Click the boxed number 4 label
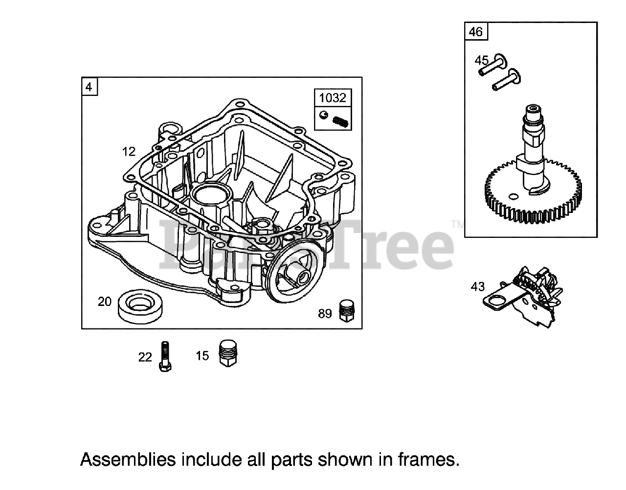(x=89, y=87)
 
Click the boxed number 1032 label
(x=332, y=97)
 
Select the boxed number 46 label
(x=475, y=32)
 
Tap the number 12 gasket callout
(x=129, y=152)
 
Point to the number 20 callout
(x=105, y=302)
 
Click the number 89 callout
(x=325, y=314)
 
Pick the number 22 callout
(x=145, y=357)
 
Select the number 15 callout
(x=202, y=356)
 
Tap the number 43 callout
(x=478, y=286)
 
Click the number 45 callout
(x=482, y=61)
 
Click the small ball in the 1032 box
(x=323, y=115)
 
